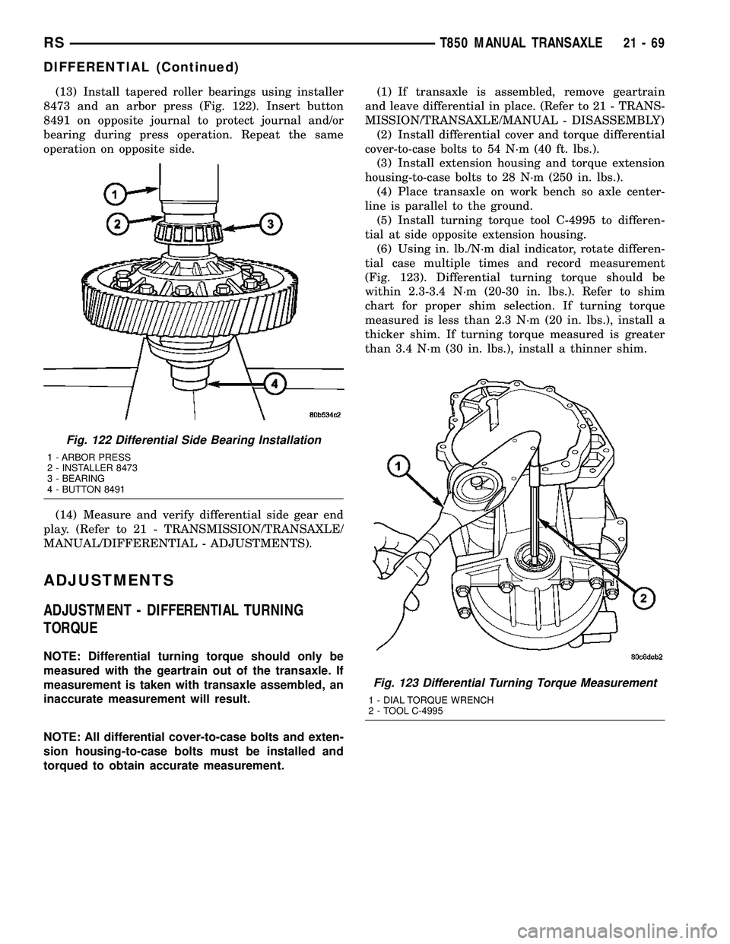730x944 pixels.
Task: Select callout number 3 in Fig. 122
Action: pos(269,223)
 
